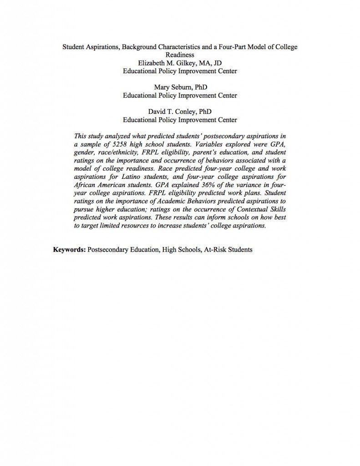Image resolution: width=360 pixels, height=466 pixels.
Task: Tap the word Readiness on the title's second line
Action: pos(180,55)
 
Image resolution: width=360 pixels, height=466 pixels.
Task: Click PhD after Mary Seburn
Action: pos(201,87)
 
